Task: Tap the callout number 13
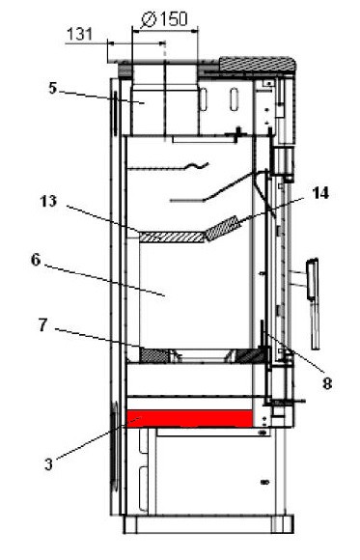pos(48,203)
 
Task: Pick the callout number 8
pos(327,383)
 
